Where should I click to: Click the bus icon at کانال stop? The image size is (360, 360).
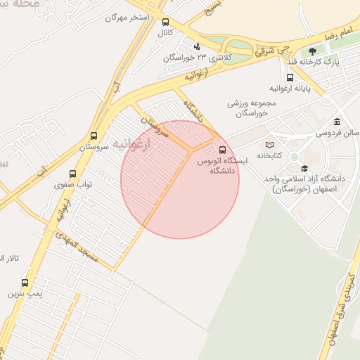tap(165, 22)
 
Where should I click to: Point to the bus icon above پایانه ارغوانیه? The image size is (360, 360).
tap(290, 78)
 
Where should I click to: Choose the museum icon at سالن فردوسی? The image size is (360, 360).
tap(337, 122)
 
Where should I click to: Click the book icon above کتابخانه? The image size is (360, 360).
tap(270, 145)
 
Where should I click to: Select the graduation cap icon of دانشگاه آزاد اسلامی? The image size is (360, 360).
tap(304, 168)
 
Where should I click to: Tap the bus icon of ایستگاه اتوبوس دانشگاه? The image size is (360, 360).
tap(223, 150)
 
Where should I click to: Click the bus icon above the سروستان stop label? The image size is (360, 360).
tap(94, 136)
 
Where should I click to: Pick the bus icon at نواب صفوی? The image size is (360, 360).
tap(72, 174)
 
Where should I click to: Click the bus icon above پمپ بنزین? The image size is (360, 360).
tap(25, 283)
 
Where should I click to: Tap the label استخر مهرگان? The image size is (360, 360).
tap(129, 16)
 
